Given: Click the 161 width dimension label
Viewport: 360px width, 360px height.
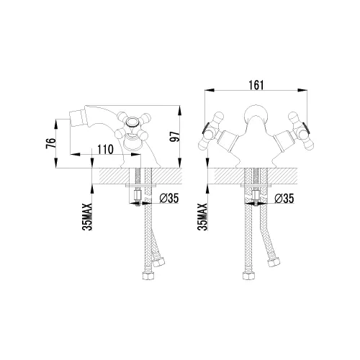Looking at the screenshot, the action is [256, 85].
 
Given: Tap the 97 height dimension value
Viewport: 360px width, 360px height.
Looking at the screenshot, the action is [175, 137].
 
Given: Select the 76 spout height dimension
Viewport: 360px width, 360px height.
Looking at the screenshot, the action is [51, 143].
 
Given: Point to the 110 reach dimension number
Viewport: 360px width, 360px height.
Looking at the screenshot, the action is [105, 149].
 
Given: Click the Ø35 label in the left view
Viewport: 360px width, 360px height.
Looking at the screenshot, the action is [169, 198].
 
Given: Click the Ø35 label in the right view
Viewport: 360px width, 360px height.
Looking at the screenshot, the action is [284, 198].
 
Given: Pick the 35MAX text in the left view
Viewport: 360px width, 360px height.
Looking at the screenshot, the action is [87, 217].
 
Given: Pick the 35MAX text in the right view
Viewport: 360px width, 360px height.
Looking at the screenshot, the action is [202, 217].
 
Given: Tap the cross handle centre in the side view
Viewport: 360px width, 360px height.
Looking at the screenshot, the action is [132, 122].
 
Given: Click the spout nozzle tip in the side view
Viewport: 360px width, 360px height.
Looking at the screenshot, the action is [71, 116].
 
